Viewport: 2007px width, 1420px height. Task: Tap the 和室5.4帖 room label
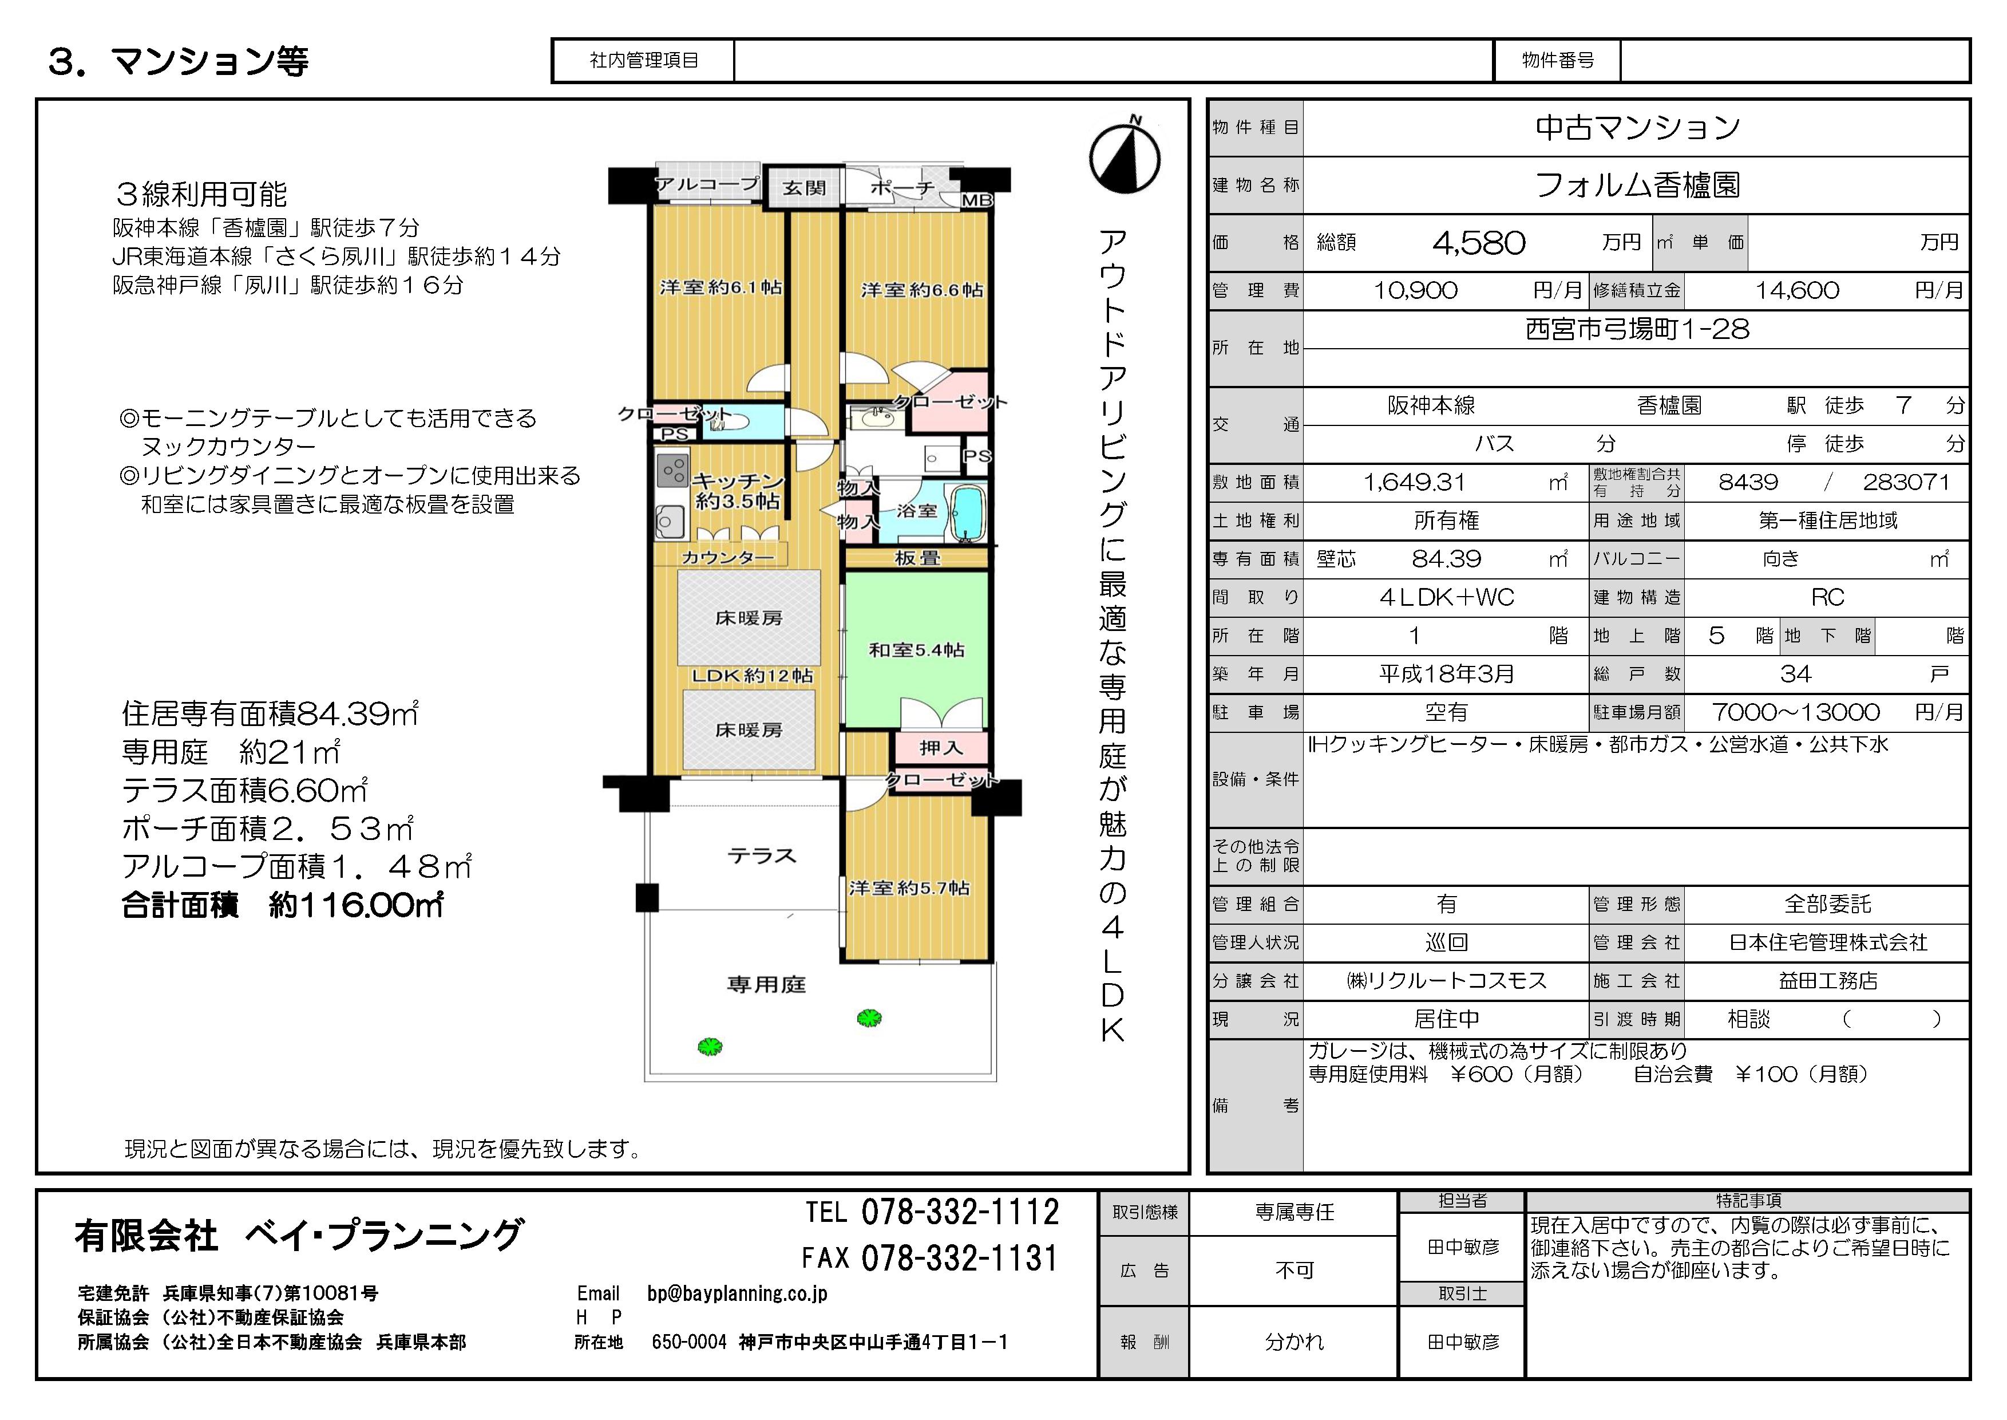pos(916,650)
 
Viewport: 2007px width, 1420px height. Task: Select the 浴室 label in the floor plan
pos(916,511)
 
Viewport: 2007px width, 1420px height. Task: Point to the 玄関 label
pos(803,187)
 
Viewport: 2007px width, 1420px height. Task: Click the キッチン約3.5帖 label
pos(738,491)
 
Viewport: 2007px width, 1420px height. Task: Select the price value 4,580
pos(1478,242)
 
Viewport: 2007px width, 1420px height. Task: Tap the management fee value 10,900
pos(1415,290)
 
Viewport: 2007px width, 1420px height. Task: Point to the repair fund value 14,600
pos(1797,290)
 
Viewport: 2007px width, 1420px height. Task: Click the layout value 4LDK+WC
pos(1447,597)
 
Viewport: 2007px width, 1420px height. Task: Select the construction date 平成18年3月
pos(1447,674)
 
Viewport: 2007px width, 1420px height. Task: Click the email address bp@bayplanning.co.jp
pos(737,1293)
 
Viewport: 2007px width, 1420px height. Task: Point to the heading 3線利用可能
pos(202,194)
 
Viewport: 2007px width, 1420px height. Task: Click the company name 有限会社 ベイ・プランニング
pos(299,1236)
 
